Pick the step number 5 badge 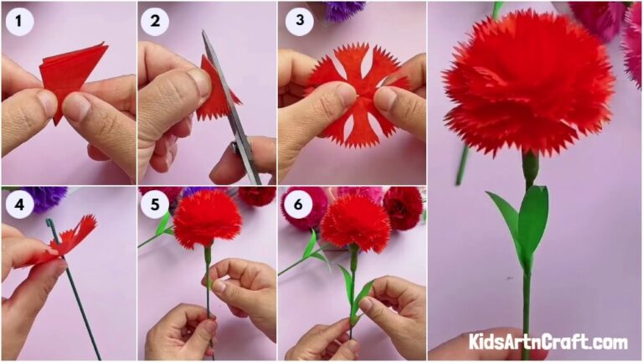[155, 205]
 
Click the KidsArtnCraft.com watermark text [548, 342]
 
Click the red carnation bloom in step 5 [207, 218]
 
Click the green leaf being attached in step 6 [361, 298]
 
